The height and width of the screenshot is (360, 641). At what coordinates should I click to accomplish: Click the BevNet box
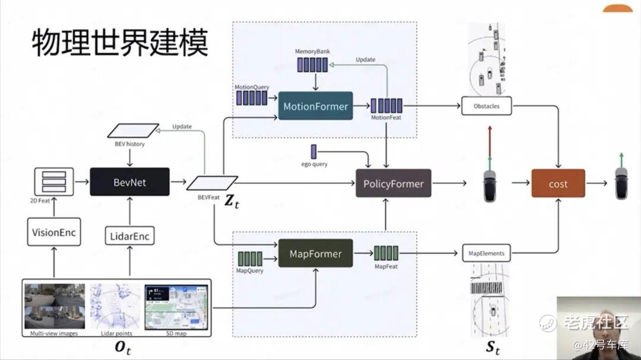click(129, 182)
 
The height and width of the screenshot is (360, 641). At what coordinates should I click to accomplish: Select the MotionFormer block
click(315, 107)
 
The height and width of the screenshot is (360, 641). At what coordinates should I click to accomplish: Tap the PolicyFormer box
click(393, 184)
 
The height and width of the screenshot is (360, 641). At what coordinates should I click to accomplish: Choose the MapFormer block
click(315, 253)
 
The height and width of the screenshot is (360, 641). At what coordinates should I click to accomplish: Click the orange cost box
click(558, 184)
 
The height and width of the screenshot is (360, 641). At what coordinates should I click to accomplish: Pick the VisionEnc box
click(53, 232)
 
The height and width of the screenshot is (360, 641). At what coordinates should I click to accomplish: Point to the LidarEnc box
click(129, 236)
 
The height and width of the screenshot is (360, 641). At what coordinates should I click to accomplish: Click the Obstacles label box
click(486, 107)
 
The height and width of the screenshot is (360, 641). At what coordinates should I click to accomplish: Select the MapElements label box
click(486, 253)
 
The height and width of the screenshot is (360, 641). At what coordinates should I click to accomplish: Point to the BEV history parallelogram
click(133, 130)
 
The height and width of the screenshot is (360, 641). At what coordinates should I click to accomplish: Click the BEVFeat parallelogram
click(212, 183)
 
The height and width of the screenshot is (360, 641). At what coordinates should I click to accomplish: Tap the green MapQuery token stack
click(250, 259)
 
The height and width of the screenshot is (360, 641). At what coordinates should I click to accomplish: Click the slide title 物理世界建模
click(120, 44)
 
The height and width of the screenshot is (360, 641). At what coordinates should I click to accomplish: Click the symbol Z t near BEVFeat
click(232, 202)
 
